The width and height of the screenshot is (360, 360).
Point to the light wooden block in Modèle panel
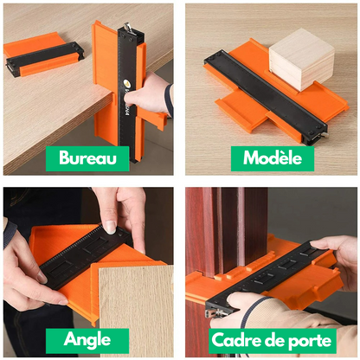301,58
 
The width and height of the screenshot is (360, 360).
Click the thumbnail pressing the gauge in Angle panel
110,226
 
